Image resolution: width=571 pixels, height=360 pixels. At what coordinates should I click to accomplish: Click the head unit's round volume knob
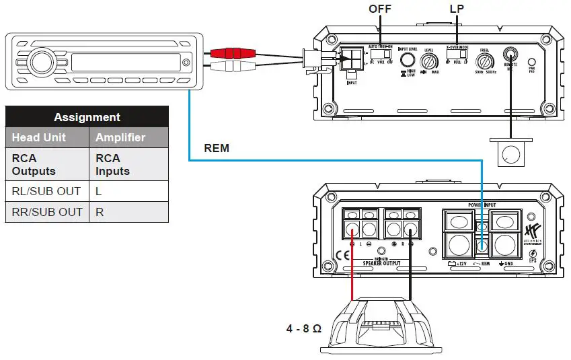(x=39, y=64)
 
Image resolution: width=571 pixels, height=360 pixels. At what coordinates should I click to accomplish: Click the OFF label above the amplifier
(x=381, y=10)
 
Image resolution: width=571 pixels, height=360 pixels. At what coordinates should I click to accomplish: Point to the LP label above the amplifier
(x=457, y=10)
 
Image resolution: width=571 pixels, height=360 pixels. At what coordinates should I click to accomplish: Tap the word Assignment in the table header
(x=87, y=117)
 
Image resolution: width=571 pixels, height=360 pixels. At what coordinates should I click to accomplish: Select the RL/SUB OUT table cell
(x=46, y=191)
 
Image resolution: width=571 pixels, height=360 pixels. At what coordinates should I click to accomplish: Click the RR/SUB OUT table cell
(x=46, y=212)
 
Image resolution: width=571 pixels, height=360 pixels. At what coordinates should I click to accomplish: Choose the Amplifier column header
(x=120, y=137)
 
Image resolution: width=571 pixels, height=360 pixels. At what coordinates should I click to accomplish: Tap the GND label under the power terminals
(x=509, y=264)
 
